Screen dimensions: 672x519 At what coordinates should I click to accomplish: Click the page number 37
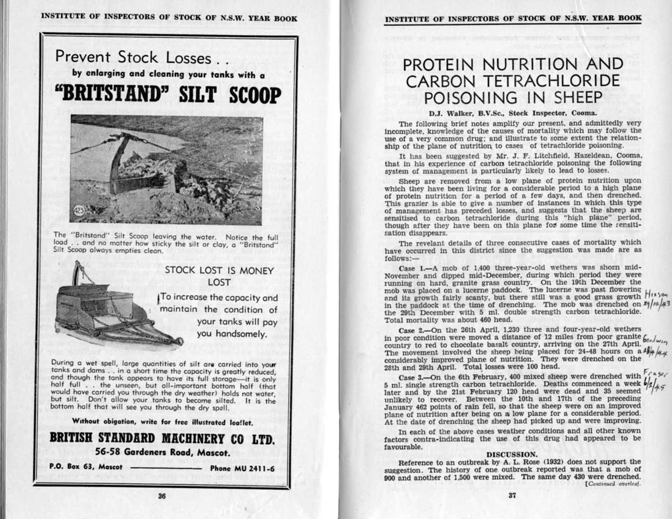512,495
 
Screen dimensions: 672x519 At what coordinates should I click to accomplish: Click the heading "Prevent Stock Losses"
133,57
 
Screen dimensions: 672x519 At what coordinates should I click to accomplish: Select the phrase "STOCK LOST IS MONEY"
219,270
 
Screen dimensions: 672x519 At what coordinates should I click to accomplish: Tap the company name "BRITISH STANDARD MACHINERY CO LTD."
162,438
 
